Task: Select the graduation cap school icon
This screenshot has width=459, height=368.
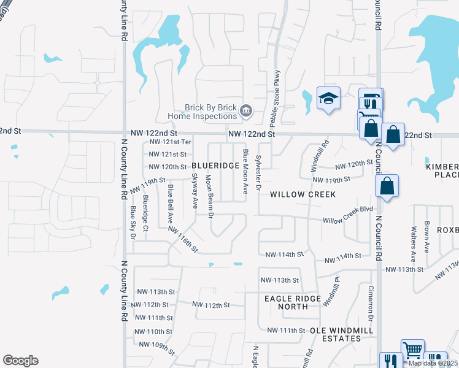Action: click(328, 98)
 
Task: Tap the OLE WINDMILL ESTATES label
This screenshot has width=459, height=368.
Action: click(333, 334)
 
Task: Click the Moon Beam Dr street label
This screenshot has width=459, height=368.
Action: click(209, 196)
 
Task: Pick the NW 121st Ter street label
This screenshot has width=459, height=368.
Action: click(168, 143)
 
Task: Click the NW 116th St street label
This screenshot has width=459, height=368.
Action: click(183, 239)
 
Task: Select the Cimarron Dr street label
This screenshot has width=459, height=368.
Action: click(371, 302)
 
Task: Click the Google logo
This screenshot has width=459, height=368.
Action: click(20, 361)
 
